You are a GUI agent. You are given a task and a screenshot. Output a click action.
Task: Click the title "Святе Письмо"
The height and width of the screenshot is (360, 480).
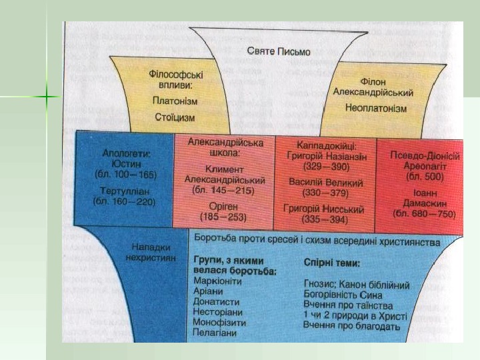coord(279,51)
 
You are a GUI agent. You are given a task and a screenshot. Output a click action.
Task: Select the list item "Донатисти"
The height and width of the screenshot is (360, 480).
coord(216,302)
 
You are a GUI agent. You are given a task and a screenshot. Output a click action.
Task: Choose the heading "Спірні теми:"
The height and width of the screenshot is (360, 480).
coord(332,263)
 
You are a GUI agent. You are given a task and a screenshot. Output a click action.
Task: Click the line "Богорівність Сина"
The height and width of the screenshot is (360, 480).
coord(343,294)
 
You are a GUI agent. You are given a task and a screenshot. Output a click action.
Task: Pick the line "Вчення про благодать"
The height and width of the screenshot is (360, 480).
coord(351,325)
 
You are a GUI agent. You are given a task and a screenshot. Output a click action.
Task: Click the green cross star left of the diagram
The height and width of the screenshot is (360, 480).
coord(48,98)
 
